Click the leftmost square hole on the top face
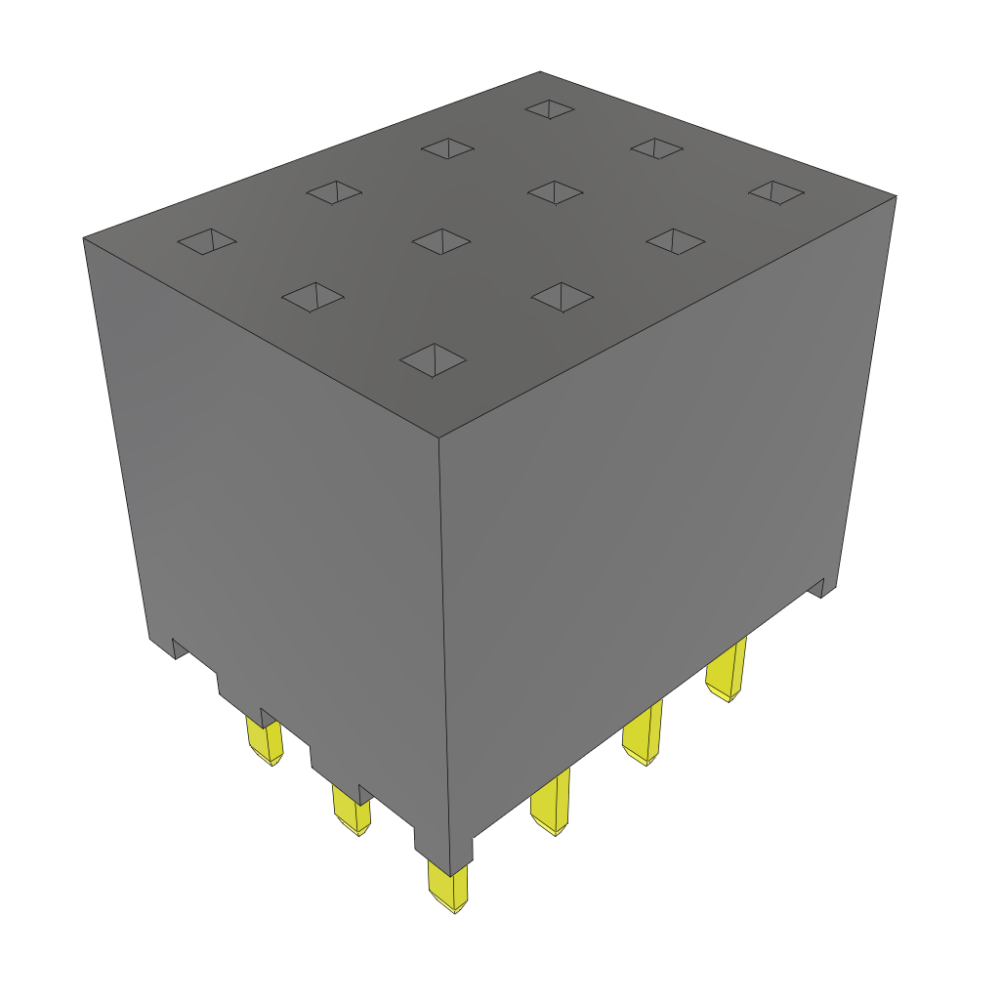pyautogui.click(x=207, y=241)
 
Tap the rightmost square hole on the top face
pyautogui.click(x=776, y=192)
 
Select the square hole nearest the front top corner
pyautogui.click(x=434, y=358)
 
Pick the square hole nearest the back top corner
pyautogui.click(x=550, y=108)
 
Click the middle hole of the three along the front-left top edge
pyautogui.click(x=312, y=297)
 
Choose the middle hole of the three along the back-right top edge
pyautogui.click(x=656, y=148)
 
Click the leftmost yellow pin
pyautogui.click(x=265, y=742)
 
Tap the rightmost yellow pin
pyautogui.click(x=727, y=671)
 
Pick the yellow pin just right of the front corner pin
pyautogui.click(x=552, y=804)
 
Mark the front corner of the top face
pyautogui.click(x=438, y=437)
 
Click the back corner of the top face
pyautogui.click(x=540, y=71)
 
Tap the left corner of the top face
pyautogui.click(x=84, y=237)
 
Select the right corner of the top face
pyautogui.click(x=896, y=195)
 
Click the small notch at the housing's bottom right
pyautogui.click(x=822, y=587)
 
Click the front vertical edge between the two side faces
pyautogui.click(x=442, y=635)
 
